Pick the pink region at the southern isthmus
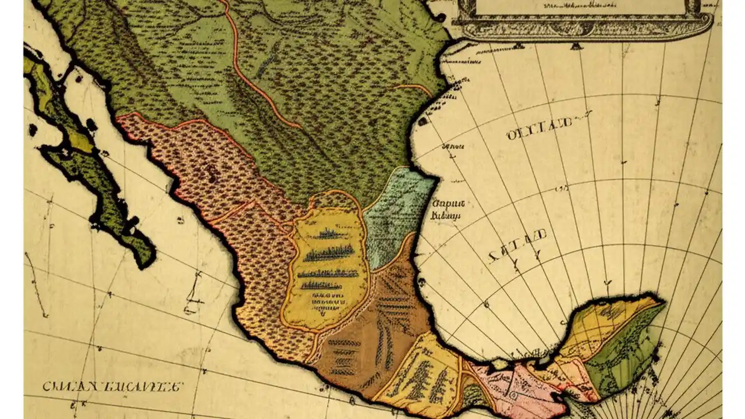(512, 387)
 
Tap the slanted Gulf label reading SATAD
(518, 246)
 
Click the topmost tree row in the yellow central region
(332, 234)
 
